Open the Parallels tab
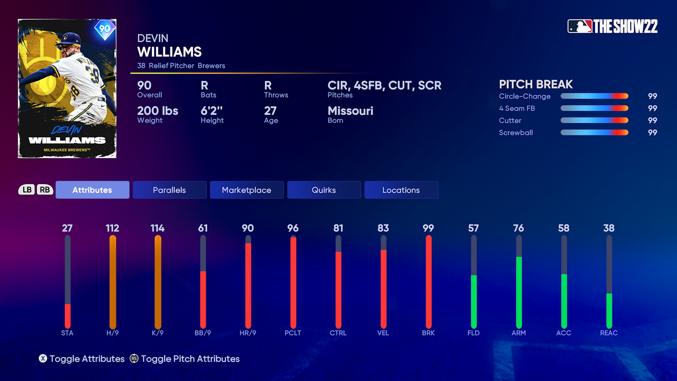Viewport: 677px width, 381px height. coord(170,190)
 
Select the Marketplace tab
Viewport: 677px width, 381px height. coord(246,190)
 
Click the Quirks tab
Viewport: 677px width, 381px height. coord(324,190)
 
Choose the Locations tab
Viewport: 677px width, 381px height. coord(401,190)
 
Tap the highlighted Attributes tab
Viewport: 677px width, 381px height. coord(92,190)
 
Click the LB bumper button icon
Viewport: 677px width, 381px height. coord(27,190)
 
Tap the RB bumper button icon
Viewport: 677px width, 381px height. coord(45,190)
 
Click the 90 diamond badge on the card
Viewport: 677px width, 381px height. coord(105,29)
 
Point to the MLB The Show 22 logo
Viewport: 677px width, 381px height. coord(612,26)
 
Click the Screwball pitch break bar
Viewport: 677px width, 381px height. coord(594,133)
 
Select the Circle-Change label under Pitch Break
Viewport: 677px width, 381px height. coord(524,96)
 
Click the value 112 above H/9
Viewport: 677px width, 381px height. coord(112,228)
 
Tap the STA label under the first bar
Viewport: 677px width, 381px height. coord(67,333)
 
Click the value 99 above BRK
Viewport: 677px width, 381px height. coord(428,228)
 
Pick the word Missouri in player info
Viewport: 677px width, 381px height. coord(350,111)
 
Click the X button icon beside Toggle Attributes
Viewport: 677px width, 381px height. coord(43,359)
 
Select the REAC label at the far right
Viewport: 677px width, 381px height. coord(609,333)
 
